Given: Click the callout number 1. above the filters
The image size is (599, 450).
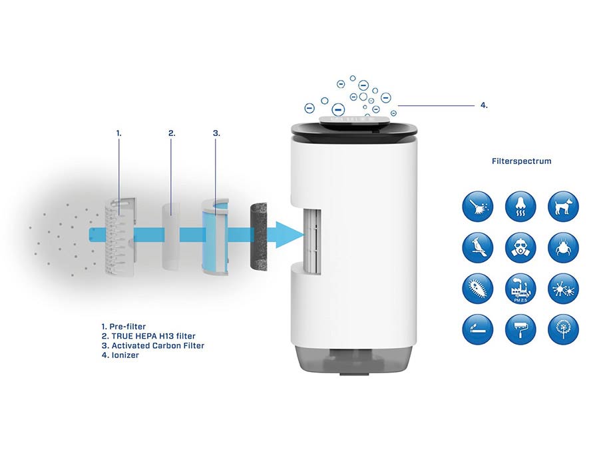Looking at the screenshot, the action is (119, 133).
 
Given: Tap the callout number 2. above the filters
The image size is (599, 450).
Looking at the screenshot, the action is (172, 133).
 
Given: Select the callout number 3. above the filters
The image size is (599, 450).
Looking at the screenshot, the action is (216, 133).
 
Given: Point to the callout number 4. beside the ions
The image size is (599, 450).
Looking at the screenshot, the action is (484, 105).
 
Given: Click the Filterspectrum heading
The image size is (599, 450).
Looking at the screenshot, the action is (521, 161).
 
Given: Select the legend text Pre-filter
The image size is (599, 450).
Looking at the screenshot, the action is (128, 327).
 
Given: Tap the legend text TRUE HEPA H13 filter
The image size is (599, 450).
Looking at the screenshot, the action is (154, 336).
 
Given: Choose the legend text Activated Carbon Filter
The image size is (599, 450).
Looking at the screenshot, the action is (158, 345).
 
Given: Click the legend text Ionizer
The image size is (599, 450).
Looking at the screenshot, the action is (125, 355).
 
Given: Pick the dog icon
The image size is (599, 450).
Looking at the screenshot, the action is (564, 206).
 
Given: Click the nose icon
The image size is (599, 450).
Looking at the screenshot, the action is (520, 206).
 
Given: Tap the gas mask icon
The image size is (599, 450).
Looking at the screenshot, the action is (520, 247).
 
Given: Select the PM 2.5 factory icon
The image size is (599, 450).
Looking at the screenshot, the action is (520, 289).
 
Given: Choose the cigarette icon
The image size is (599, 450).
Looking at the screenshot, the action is (477, 329).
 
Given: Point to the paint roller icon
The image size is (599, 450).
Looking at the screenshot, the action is (520, 329).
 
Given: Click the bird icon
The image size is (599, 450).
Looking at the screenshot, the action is (477, 247).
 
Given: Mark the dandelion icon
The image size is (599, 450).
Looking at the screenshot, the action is (564, 329).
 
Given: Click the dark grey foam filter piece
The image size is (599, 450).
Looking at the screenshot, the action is (259, 237).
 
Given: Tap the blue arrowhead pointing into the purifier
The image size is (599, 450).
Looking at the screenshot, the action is (290, 234).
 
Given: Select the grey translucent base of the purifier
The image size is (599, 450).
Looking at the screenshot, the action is (355, 360).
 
